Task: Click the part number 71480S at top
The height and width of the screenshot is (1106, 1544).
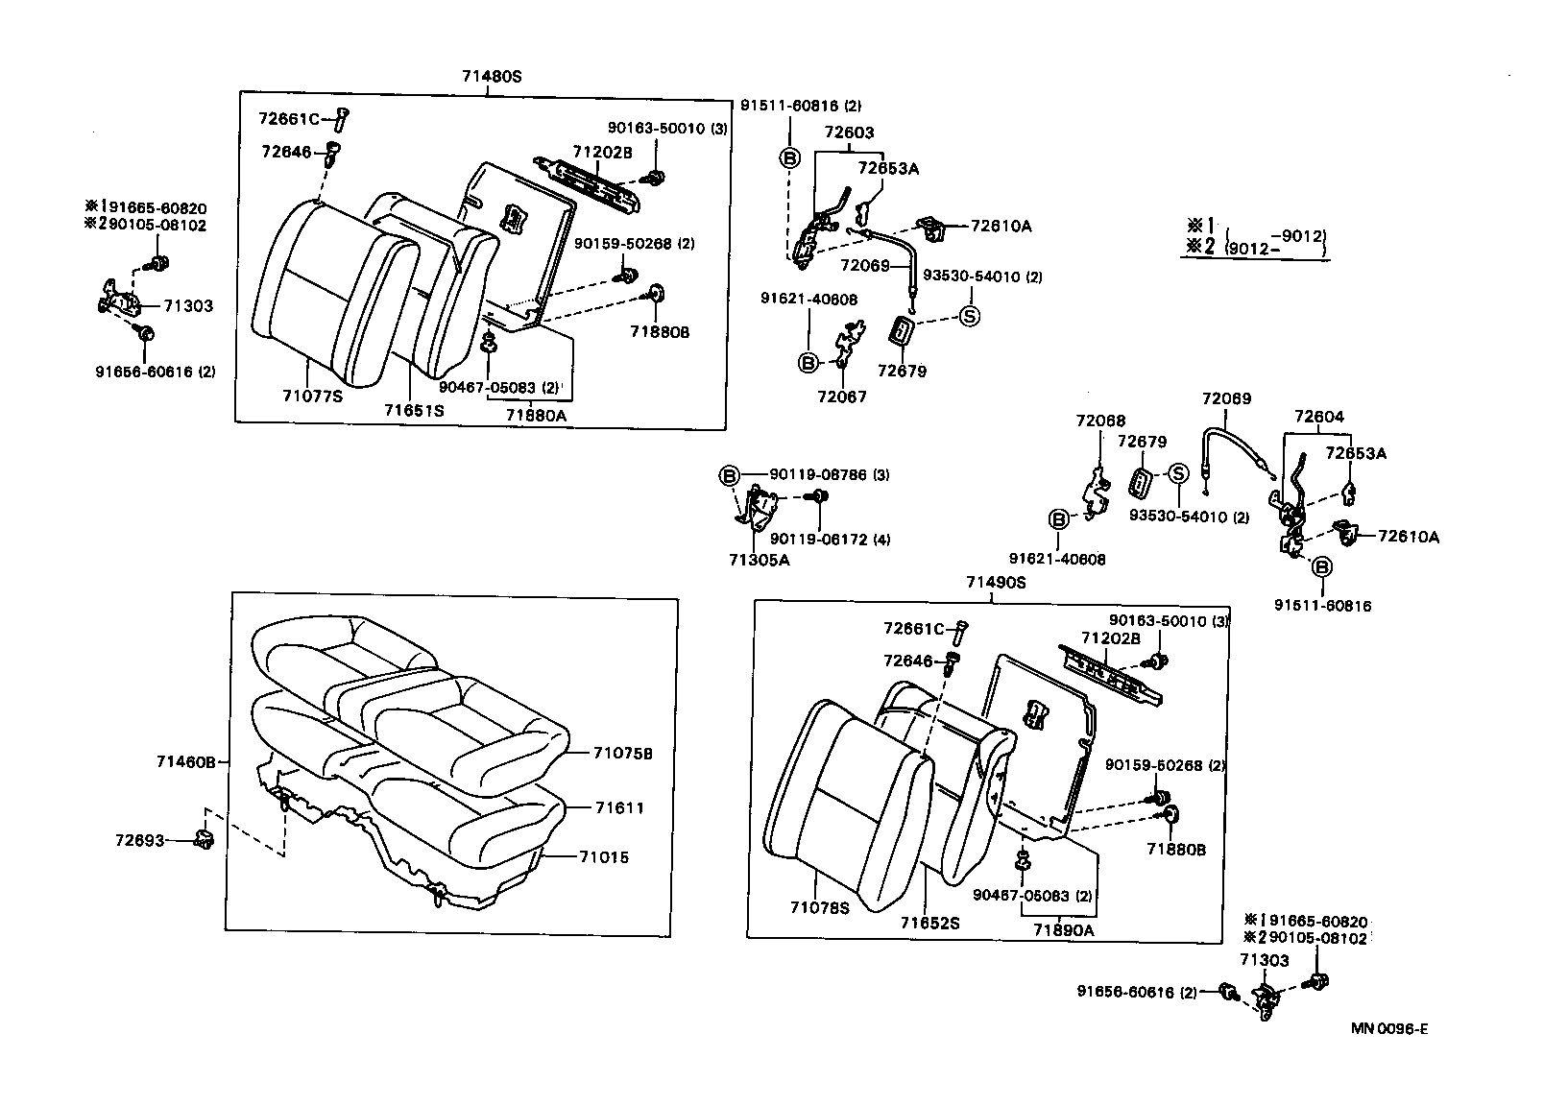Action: tap(491, 75)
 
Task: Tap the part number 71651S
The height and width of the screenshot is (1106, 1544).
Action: tap(414, 409)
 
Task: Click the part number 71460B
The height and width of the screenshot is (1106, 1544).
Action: tap(186, 761)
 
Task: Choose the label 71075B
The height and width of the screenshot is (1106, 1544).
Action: tap(622, 754)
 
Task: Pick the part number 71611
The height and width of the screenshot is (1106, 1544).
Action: tap(618, 807)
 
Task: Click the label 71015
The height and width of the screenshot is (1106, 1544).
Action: tap(604, 856)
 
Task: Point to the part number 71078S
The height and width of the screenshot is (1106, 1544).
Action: tap(820, 907)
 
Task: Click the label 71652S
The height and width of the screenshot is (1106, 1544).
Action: tap(929, 923)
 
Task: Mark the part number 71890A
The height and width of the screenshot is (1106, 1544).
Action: tap(1063, 929)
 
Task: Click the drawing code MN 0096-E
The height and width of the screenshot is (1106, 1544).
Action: tap(1389, 1029)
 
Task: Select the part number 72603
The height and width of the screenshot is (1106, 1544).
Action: tap(849, 132)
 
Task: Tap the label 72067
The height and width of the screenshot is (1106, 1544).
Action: tap(841, 397)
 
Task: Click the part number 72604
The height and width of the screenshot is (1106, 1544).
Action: tap(1318, 417)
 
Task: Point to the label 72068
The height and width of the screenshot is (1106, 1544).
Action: tap(1100, 421)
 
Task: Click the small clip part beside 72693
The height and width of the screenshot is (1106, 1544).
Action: tap(204, 840)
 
